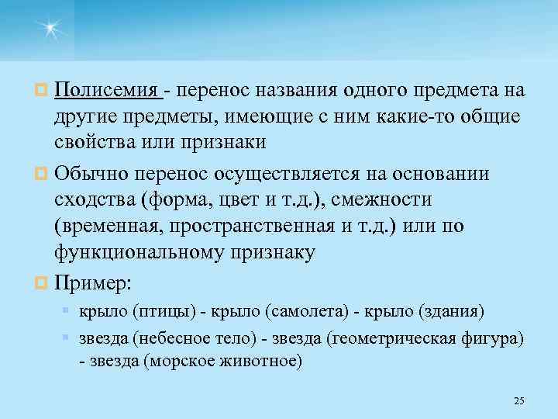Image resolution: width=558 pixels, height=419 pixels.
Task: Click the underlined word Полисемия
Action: [106, 92]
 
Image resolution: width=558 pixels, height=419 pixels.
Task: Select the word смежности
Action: [386, 200]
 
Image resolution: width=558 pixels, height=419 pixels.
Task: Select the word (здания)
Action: [451, 312]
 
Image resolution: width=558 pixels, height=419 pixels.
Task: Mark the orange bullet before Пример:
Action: [44, 284]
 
